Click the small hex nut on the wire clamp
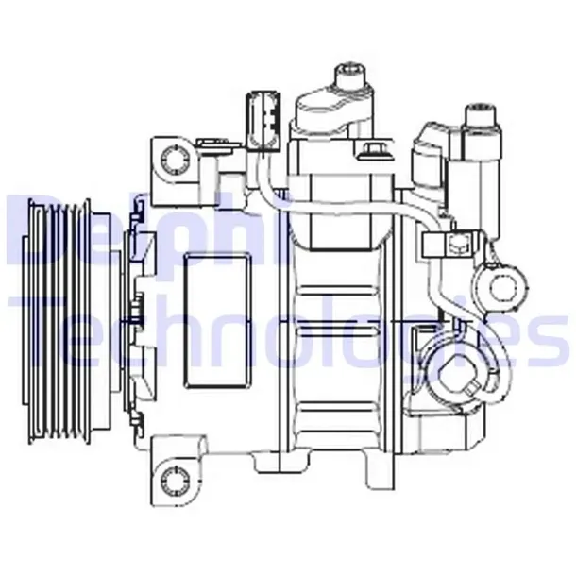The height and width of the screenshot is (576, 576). point(456,247)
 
